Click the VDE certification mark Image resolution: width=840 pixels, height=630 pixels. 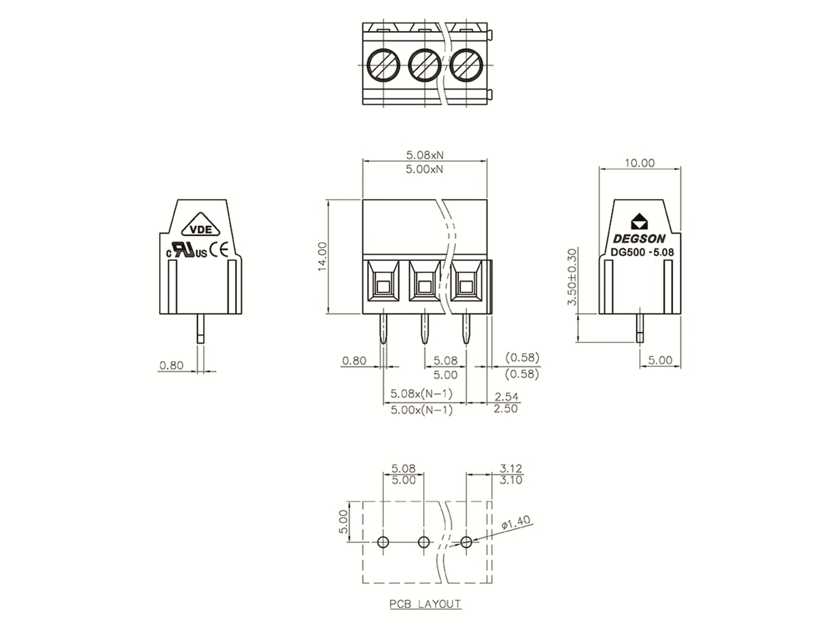tap(201, 229)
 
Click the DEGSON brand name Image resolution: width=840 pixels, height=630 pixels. tap(639, 239)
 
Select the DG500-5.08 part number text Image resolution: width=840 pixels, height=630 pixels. tap(642, 252)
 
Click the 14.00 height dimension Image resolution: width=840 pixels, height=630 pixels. tap(322, 257)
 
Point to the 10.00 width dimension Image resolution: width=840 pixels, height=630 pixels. tap(639, 163)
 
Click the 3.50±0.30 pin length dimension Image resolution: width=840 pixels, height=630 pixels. tap(572, 277)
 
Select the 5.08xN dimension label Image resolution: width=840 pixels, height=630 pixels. tap(425, 155)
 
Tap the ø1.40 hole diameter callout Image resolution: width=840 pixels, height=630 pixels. tap(516, 522)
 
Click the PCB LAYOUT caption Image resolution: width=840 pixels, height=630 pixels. tap(425, 604)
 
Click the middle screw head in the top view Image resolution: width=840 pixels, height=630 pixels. tap(424, 65)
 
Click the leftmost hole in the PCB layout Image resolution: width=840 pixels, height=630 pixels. tap(383, 542)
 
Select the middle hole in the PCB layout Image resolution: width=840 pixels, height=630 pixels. tap(424, 542)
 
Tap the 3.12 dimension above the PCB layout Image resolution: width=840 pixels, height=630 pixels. tap(511, 468)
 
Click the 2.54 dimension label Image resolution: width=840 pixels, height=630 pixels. tap(506, 396)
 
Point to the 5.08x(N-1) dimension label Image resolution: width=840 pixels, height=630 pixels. tap(422, 393)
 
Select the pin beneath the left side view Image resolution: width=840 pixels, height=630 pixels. tap(201, 329)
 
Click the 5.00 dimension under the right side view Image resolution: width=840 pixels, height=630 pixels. tap(660, 360)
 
